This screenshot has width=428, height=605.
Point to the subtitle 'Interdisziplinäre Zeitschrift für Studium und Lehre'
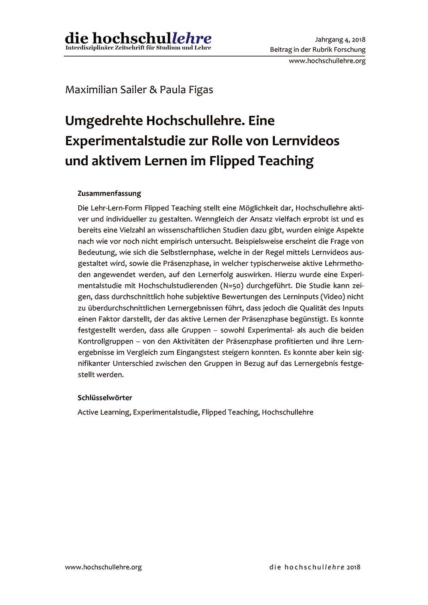tap(138, 48)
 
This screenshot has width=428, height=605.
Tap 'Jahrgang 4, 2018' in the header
tap(340, 40)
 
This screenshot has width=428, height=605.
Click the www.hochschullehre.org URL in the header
tap(327, 61)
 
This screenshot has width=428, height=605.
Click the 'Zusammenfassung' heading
tap(109, 193)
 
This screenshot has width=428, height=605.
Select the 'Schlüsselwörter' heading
tap(105, 398)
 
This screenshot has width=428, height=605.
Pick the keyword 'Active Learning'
tap(104, 412)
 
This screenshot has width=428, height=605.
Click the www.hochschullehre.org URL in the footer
tap(103, 567)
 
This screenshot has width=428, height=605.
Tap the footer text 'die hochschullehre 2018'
tap(315, 567)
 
